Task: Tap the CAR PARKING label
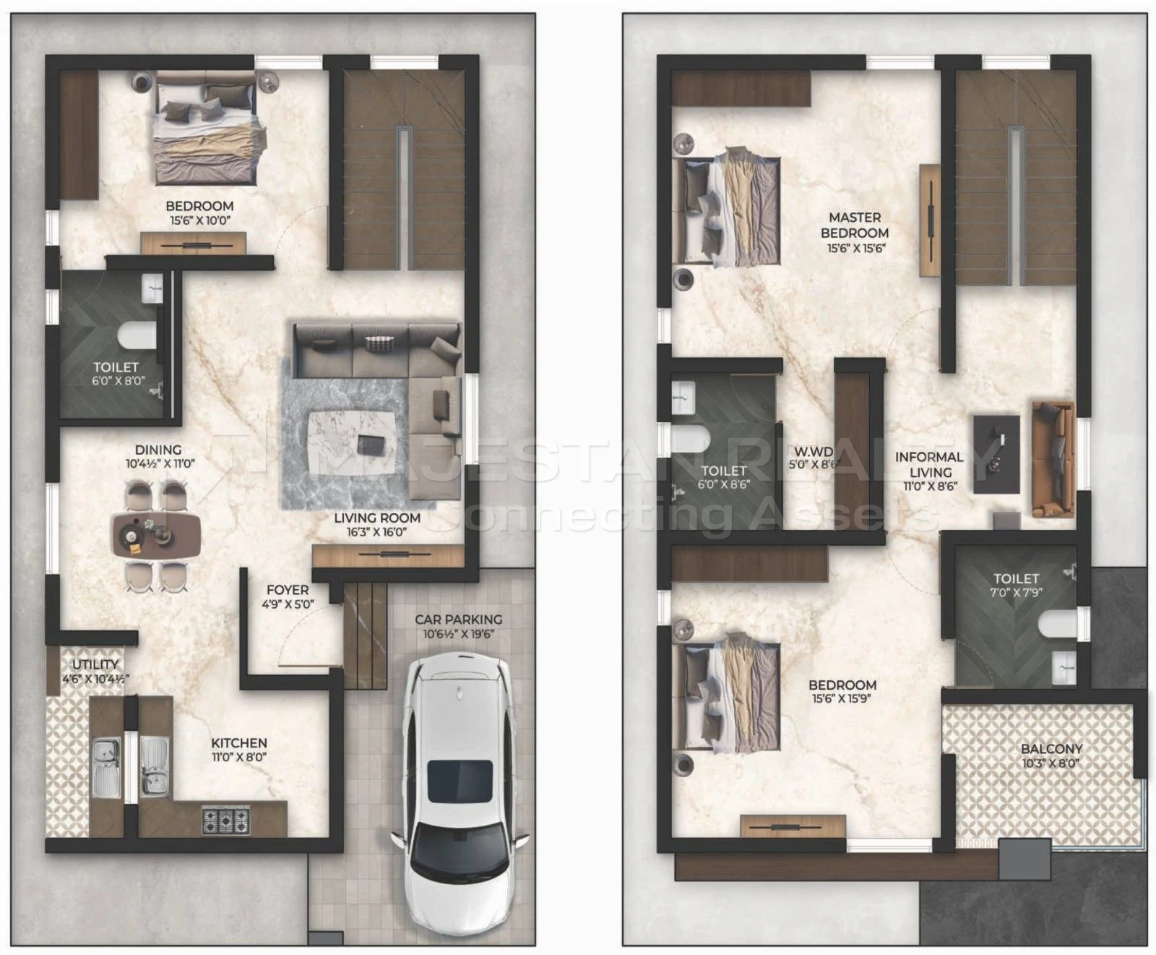click(x=458, y=620)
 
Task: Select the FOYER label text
click(x=288, y=590)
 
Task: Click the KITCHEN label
click(x=239, y=742)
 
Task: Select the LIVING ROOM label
click(x=377, y=518)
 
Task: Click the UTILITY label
click(x=95, y=664)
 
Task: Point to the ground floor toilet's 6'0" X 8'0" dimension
click(x=118, y=381)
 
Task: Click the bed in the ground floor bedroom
click(x=206, y=129)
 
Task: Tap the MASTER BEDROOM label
click(x=855, y=225)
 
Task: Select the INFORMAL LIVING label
click(x=930, y=464)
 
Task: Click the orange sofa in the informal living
click(x=1053, y=459)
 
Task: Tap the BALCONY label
click(x=1052, y=749)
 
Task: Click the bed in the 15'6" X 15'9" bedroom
click(x=726, y=695)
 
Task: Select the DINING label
click(x=158, y=450)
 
